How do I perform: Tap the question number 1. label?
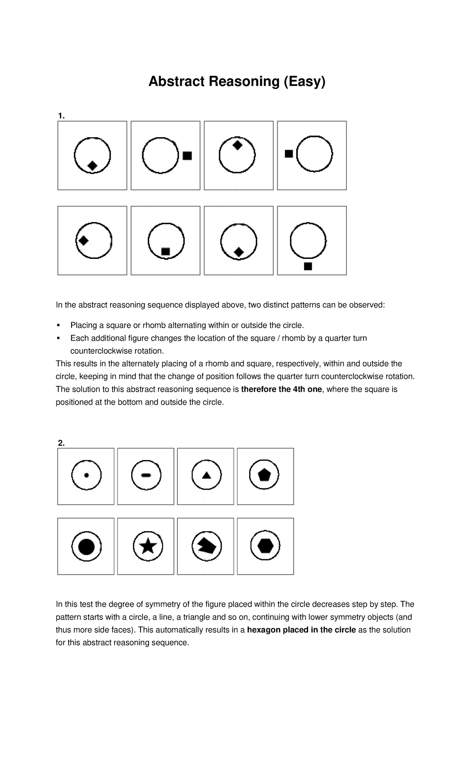61,116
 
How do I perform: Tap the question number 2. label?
61,443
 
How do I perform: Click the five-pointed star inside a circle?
148,546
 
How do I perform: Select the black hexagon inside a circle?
265,546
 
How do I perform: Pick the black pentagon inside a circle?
264,475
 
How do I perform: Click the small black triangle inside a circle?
206,475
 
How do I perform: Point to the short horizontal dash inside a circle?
146,475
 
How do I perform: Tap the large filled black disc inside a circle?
87,547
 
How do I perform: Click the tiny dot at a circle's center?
87,475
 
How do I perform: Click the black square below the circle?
308,266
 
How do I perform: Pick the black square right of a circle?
187,156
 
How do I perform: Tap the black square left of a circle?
289,154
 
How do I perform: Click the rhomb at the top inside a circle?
237,145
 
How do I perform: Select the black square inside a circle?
166,251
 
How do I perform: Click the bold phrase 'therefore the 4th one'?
281,389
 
